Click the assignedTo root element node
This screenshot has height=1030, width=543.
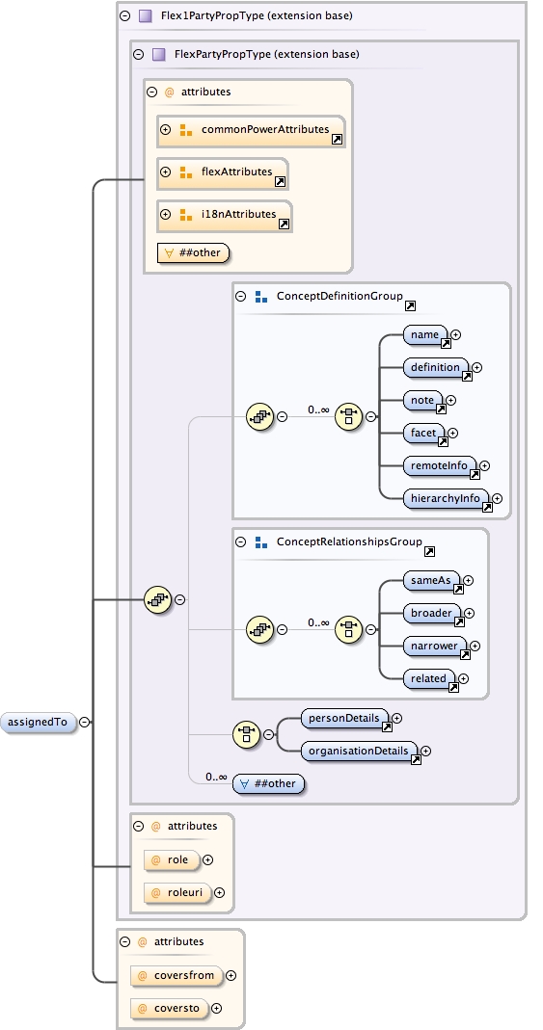(x=40, y=721)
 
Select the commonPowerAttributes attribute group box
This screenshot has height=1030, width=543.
(x=251, y=130)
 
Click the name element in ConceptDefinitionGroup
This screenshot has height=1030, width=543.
(x=425, y=335)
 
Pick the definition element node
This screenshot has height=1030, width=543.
(x=436, y=367)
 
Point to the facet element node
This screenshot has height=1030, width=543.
(x=424, y=434)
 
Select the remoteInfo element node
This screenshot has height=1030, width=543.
(x=440, y=466)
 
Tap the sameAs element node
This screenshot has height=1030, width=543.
(x=431, y=581)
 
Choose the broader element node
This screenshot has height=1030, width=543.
(x=432, y=614)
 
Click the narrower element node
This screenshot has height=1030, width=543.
(x=435, y=647)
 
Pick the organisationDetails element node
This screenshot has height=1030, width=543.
(x=361, y=751)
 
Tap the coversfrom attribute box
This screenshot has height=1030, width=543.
(x=176, y=975)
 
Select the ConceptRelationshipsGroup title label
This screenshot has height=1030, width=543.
(x=349, y=541)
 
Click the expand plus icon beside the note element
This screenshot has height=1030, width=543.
(x=450, y=400)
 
